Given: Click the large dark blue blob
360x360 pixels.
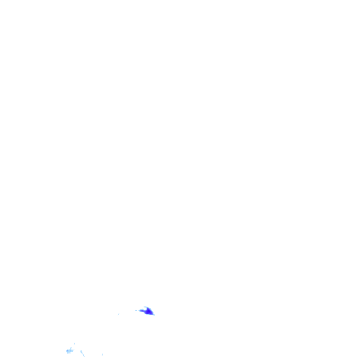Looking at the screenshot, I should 148,311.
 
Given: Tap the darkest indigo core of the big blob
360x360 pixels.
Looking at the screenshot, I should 149,311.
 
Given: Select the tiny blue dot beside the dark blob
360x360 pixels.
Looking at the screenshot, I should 136,310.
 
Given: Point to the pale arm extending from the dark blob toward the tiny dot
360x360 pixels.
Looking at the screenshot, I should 141,310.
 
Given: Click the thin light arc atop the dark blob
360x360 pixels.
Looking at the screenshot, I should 145,307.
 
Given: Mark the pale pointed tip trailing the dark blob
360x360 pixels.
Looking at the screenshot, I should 154,315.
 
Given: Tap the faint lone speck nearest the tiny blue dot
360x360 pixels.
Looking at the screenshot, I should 118,314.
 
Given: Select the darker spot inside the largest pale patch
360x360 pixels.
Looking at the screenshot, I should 67,351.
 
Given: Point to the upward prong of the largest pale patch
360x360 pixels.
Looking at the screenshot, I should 71,348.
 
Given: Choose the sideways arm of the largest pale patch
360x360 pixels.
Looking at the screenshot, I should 73,350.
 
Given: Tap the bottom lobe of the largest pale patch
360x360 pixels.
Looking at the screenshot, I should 68,353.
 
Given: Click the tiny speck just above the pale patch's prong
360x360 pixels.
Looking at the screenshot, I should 75,343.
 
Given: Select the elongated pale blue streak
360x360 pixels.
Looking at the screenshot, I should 82,353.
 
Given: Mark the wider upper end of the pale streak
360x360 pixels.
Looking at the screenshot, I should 81,351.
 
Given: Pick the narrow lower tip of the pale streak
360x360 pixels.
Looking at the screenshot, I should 84,356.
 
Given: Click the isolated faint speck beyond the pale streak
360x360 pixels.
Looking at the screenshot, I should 102,354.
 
